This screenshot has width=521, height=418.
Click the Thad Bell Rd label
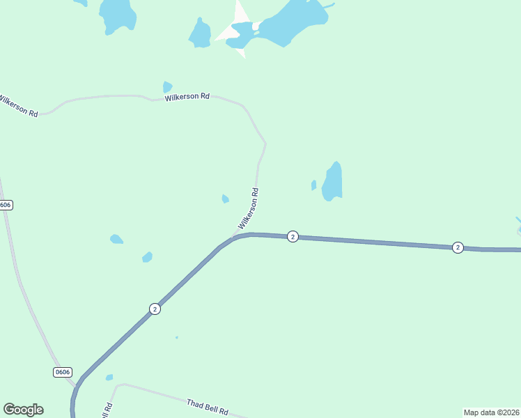click(208, 408)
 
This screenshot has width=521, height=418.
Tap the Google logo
click(23, 410)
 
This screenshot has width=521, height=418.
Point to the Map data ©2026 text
click(491, 412)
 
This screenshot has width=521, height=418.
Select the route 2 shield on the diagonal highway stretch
click(155, 309)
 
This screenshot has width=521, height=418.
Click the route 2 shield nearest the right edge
click(458, 247)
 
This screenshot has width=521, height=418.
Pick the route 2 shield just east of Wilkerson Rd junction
click(293, 237)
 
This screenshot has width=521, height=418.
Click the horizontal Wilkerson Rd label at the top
click(187, 98)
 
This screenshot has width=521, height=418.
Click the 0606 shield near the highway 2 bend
click(63, 372)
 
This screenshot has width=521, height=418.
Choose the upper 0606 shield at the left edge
click(6, 205)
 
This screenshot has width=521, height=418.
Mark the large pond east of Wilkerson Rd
click(333, 182)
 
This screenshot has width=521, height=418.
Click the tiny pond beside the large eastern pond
click(313, 185)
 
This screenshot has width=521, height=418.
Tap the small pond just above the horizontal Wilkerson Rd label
click(167, 87)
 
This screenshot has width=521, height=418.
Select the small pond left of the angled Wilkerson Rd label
click(225, 199)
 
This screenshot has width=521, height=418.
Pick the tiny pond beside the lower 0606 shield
click(109, 378)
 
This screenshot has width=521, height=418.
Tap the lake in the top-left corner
click(117, 14)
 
